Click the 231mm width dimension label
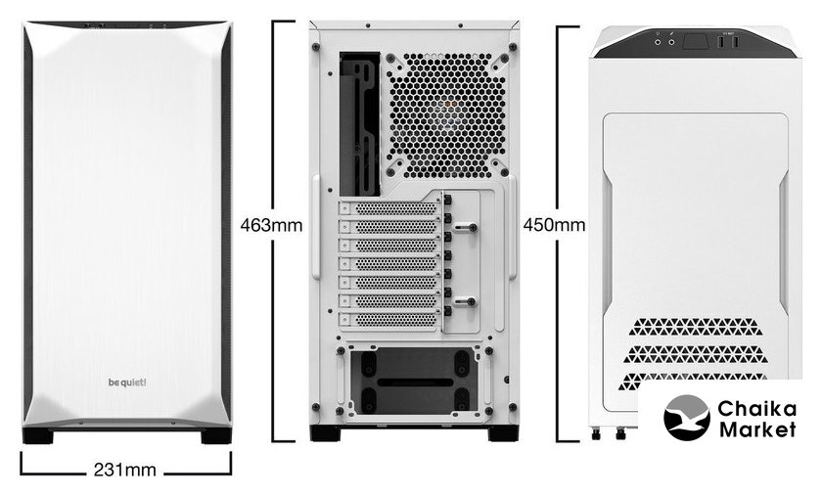(125, 470)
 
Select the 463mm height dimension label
(272, 225)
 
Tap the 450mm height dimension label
(554, 225)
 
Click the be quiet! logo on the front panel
(127, 383)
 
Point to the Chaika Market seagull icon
(687, 418)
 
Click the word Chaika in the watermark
(757, 408)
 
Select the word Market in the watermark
(757, 429)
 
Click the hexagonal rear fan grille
(447, 114)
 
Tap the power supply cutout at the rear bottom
(414, 381)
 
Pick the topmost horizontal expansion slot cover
(388, 208)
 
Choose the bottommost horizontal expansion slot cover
(388, 319)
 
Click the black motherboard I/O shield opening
(360, 123)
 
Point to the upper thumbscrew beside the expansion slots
(465, 228)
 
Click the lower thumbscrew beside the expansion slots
(465, 301)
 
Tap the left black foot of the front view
(38, 435)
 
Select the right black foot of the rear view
(503, 433)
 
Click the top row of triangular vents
(695, 327)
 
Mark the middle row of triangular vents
(695, 354)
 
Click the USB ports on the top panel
(728, 42)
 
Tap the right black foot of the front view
(216, 435)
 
